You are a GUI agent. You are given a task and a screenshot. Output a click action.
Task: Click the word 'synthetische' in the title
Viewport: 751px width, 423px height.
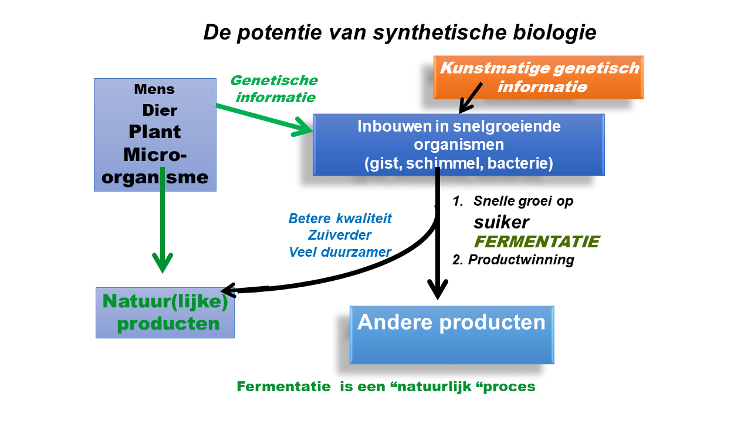click(440, 33)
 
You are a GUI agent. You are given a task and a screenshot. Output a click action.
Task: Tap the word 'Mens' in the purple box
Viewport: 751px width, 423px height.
click(154, 89)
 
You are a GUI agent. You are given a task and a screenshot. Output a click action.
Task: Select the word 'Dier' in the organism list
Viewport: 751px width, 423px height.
click(160, 110)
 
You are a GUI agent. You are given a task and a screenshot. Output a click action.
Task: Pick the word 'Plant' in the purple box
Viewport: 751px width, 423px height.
click(154, 132)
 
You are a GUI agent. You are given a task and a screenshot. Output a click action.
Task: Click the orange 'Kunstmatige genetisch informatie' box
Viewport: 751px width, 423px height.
click(539, 77)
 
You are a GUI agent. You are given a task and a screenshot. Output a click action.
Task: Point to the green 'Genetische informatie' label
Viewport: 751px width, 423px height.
click(274, 89)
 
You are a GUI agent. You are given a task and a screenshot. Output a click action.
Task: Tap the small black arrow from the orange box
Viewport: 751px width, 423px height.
click(471, 98)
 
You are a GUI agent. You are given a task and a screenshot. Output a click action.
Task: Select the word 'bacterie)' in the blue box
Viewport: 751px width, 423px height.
click(520, 163)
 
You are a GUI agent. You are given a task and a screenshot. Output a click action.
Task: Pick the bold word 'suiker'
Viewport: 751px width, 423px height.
click(501, 222)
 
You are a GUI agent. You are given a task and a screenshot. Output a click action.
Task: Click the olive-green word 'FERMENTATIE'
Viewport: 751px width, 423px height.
click(537, 241)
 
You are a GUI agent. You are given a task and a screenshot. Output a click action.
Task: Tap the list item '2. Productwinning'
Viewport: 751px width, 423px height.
click(513, 260)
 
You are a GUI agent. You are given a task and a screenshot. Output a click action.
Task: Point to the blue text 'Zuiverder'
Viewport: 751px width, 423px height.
click(340, 235)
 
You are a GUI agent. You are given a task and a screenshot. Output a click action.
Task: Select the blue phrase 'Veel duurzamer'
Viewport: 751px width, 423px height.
click(340, 252)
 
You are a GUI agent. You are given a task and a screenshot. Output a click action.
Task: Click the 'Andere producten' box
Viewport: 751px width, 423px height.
click(452, 335)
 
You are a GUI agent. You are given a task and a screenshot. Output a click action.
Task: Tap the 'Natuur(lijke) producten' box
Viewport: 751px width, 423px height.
click(165, 313)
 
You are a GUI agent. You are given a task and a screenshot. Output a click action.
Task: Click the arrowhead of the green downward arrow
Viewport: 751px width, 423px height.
click(163, 263)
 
